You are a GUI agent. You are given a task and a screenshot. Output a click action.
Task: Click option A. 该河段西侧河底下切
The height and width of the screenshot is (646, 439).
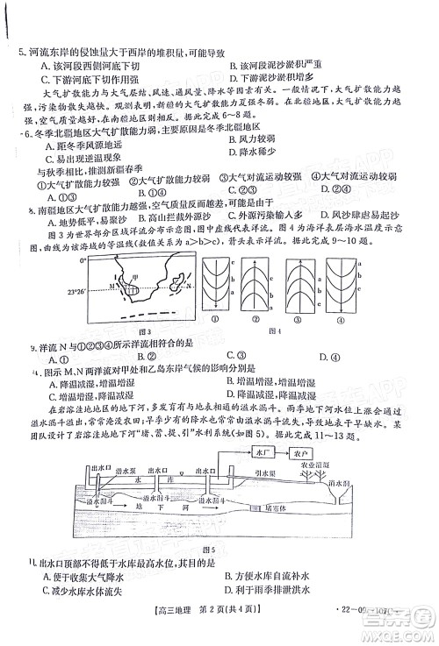point(88,67)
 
